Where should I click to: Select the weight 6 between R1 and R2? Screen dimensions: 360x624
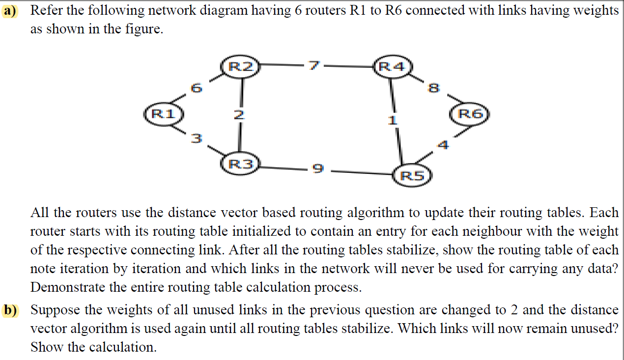point(196,88)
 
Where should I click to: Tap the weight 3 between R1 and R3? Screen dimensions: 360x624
point(196,139)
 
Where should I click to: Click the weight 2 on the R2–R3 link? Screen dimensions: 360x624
point(239,115)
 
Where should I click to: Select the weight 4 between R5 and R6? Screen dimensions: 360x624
point(443,145)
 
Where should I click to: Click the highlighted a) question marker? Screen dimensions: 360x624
point(10,10)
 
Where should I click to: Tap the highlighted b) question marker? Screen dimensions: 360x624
point(10,310)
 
